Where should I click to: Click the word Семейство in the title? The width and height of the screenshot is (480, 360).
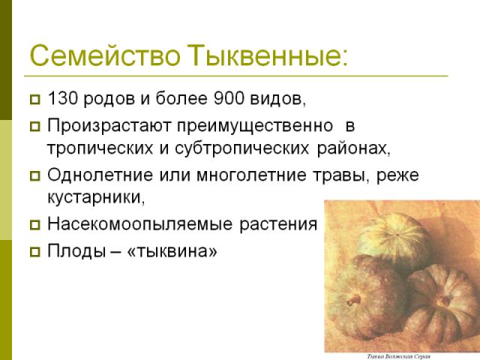[x=105, y=55]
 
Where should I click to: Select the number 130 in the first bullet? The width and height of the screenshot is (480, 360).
[x=63, y=98]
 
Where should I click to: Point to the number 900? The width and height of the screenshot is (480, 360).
[x=229, y=98]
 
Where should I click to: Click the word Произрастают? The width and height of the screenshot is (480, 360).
[x=109, y=126]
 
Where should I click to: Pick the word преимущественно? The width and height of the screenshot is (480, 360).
[x=255, y=126]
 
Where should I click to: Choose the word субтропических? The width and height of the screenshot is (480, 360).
[x=241, y=148]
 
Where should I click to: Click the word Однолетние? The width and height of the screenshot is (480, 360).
[x=100, y=175]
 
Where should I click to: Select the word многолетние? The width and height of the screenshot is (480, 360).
[x=251, y=175]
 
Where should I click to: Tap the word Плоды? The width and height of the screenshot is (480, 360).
[x=76, y=251]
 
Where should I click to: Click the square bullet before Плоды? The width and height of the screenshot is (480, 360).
[x=35, y=252]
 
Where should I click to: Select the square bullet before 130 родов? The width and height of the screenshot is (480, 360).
[x=35, y=100]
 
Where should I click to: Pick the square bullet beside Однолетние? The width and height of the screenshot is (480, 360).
[x=35, y=176]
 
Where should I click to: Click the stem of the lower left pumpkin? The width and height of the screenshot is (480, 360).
[x=355, y=299]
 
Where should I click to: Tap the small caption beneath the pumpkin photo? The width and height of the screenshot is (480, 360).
[x=398, y=357]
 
